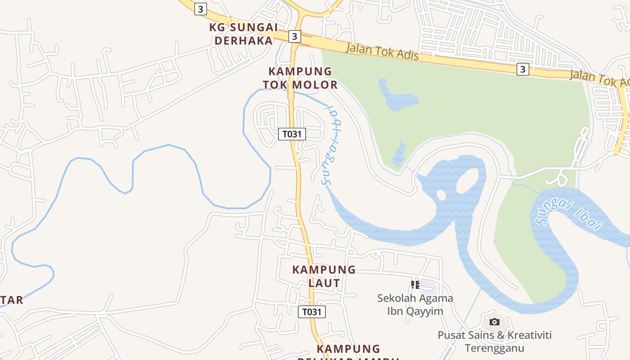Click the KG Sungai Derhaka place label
coord(243,34)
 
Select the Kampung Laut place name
coord(324,276)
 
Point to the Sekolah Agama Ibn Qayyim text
coord(415,305)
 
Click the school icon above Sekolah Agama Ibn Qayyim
coord(415,284)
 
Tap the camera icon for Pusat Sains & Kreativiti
coord(495,322)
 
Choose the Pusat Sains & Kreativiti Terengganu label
coord(495,342)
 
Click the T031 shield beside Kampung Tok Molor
coord(292,134)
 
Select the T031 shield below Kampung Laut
coord(312,312)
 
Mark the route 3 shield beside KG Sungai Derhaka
coord(294,36)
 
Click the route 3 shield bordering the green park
coord(522,69)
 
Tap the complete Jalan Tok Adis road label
coord(382,51)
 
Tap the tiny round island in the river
coord(441,195)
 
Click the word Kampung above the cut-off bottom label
coord(348,349)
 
